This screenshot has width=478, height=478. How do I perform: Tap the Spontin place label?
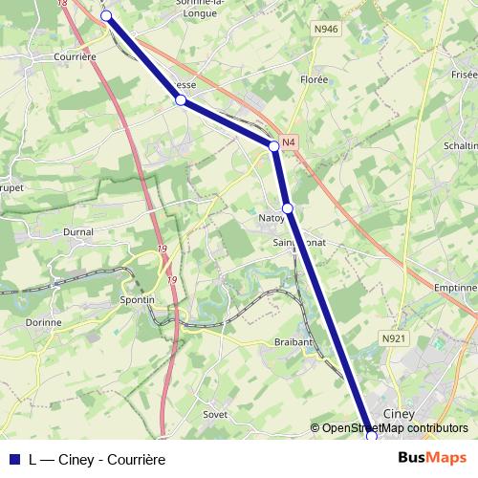(x=138, y=299)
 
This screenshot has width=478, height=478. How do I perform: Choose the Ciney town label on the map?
(x=398, y=413)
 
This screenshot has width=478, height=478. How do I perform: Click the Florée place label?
(x=314, y=80)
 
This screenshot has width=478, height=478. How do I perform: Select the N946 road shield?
(x=326, y=30)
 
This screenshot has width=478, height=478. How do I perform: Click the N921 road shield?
(x=394, y=338)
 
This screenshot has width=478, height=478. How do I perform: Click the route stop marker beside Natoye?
(x=287, y=207)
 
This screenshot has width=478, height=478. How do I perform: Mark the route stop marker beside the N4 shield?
(x=273, y=145)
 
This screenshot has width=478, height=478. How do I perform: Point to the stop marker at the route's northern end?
(x=106, y=16)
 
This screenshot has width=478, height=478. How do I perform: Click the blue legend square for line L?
(x=13, y=458)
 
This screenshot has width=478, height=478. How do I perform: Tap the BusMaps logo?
(x=433, y=458)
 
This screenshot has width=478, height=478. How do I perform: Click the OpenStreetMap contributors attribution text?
(x=394, y=428)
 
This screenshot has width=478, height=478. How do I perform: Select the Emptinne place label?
(x=454, y=287)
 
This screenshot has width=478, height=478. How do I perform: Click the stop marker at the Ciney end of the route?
(x=371, y=435)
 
